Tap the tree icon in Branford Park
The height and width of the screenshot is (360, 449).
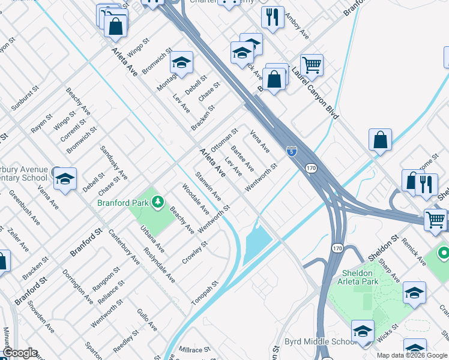point(158,202)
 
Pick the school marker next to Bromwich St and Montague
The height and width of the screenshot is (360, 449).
point(181,62)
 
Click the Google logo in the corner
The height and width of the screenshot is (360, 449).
point(19,353)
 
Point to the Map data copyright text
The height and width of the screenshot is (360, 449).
point(412,356)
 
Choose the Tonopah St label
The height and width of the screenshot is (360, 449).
point(203,292)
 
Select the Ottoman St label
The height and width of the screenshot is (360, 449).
point(224,140)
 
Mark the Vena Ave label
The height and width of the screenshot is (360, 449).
point(260,142)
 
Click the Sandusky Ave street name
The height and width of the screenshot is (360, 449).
point(114,163)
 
